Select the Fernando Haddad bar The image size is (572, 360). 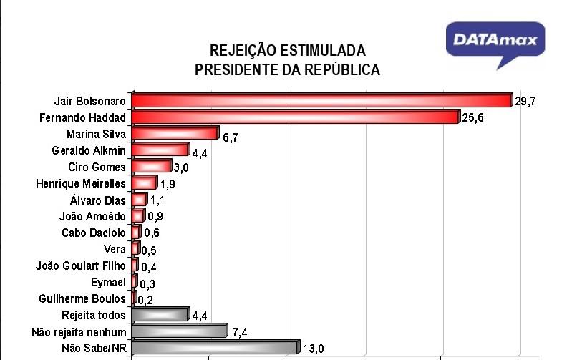click(x=295, y=117)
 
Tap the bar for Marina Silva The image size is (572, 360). click(x=175, y=133)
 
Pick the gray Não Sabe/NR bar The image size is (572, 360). click(x=215, y=348)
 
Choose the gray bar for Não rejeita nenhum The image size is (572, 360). click(x=179, y=331)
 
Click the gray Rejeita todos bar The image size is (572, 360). click(x=160, y=315)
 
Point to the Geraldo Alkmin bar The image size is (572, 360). click(x=160, y=150)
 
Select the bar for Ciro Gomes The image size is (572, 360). click(x=152, y=167)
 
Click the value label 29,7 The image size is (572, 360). click(x=525, y=102)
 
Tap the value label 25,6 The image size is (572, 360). click(x=473, y=118)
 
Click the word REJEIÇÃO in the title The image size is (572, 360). click(x=241, y=52)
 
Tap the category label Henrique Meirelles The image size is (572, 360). click(x=81, y=184)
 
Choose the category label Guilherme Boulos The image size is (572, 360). click(x=83, y=298)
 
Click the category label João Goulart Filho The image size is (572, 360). click(x=81, y=266)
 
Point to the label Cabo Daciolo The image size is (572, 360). click(x=94, y=233)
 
